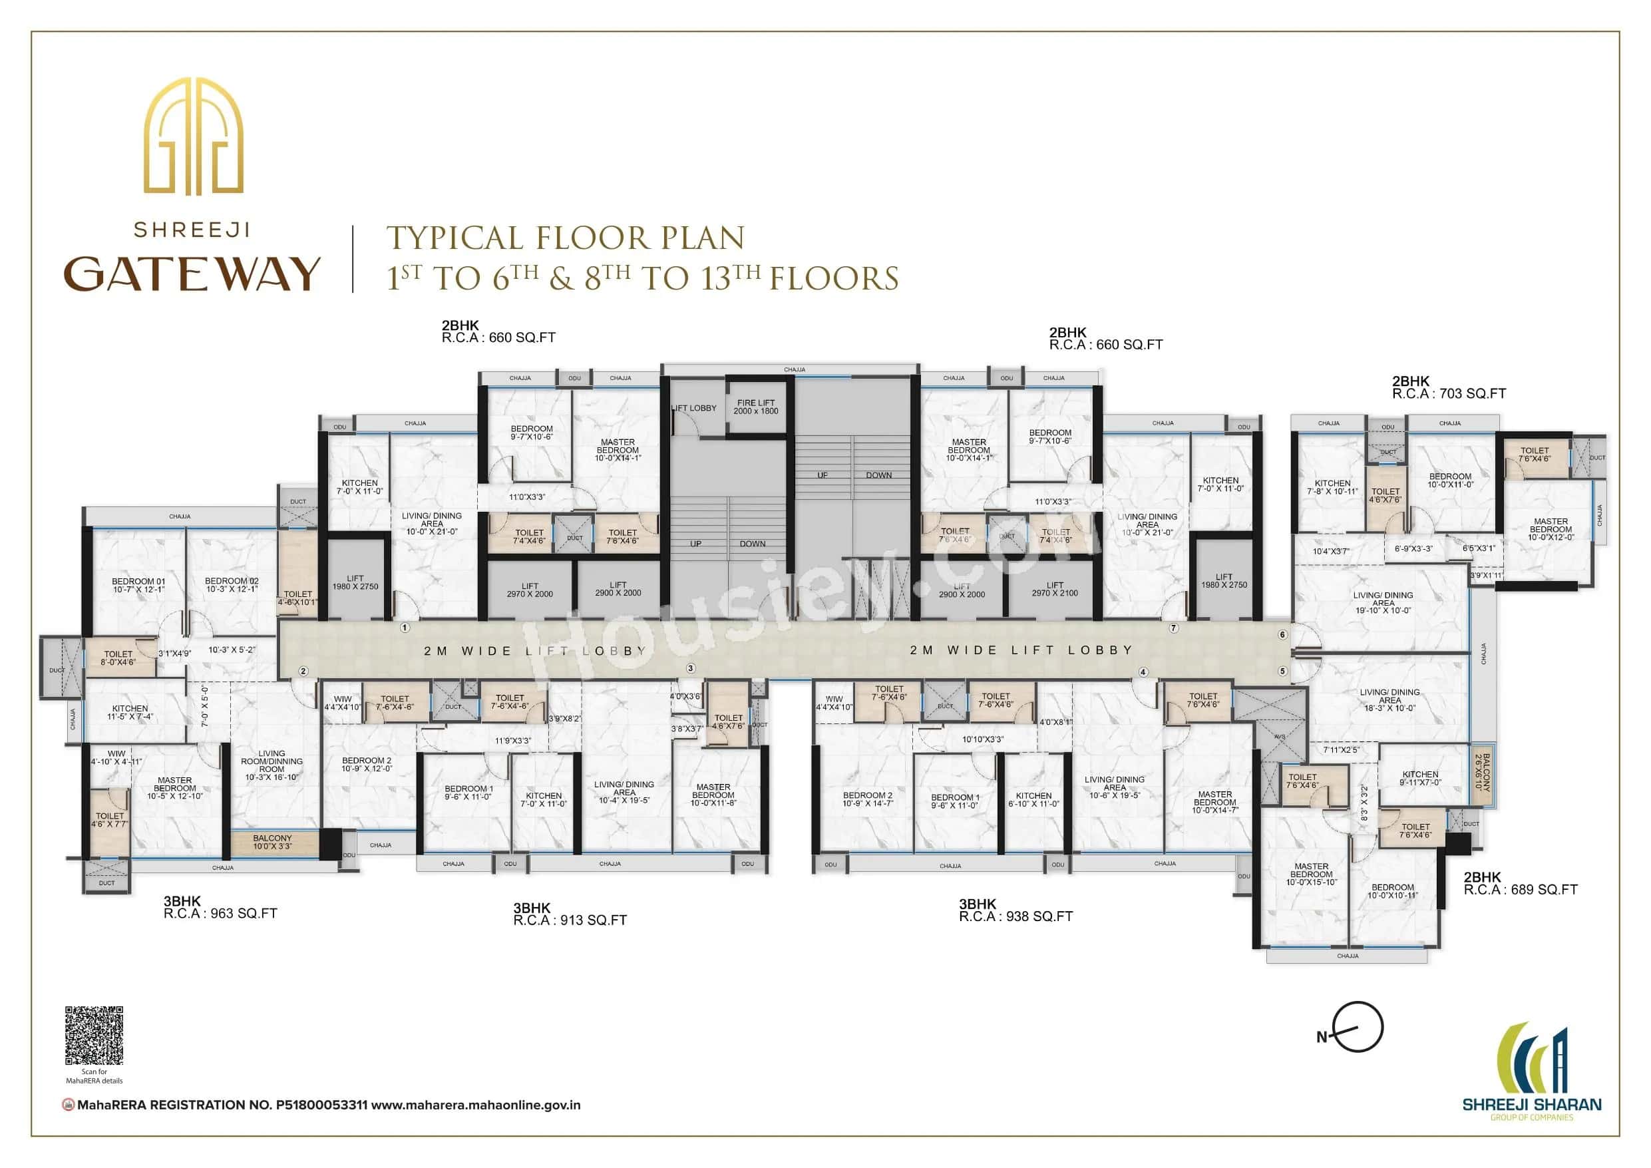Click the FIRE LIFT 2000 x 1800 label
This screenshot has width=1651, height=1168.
coord(756,407)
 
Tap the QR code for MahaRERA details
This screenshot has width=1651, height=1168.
coord(94,1036)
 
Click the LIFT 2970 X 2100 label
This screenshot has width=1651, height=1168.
coord(1055,589)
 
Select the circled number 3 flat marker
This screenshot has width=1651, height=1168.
coord(690,668)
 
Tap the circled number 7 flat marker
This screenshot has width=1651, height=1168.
coord(1173,628)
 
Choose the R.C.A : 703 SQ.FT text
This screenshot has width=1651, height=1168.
coord(1448,394)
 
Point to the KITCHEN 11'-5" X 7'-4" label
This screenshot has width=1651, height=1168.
coord(130,712)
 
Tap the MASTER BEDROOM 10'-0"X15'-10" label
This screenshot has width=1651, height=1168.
coord(1311,874)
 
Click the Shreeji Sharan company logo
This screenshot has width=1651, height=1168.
coord(1532,1071)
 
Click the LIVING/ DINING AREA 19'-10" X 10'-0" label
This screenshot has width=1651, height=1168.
coord(1383,603)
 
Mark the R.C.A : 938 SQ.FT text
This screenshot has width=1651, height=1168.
coord(1015,917)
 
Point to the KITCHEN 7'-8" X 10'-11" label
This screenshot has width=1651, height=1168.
coord(1332,488)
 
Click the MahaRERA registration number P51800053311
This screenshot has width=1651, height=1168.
coord(321,1105)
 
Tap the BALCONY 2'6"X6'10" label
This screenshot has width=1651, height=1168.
coord(1481,772)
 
